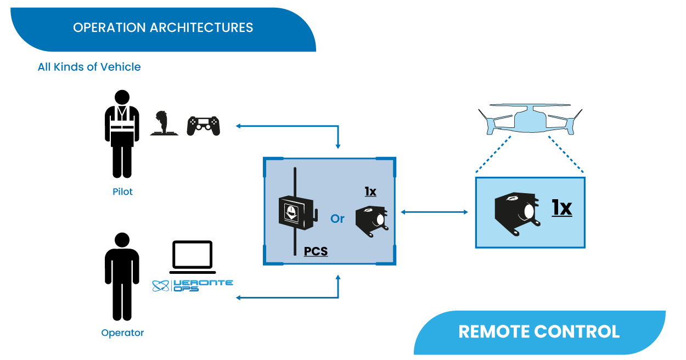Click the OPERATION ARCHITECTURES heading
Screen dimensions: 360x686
[163, 27]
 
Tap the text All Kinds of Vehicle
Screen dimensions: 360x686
[89, 67]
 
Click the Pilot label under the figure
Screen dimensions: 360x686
[123, 192]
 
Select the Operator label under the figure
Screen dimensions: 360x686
[122, 333]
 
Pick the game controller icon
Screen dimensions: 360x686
[203, 126]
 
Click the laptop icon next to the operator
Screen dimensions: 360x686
[192, 257]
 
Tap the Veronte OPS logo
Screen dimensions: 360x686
[192, 285]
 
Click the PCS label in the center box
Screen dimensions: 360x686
[316, 251]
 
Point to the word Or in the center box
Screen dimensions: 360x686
[338, 218]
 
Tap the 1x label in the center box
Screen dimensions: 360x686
[370, 192]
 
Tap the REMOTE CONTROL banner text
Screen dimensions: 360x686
[539, 331]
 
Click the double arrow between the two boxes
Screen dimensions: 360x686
[434, 212]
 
